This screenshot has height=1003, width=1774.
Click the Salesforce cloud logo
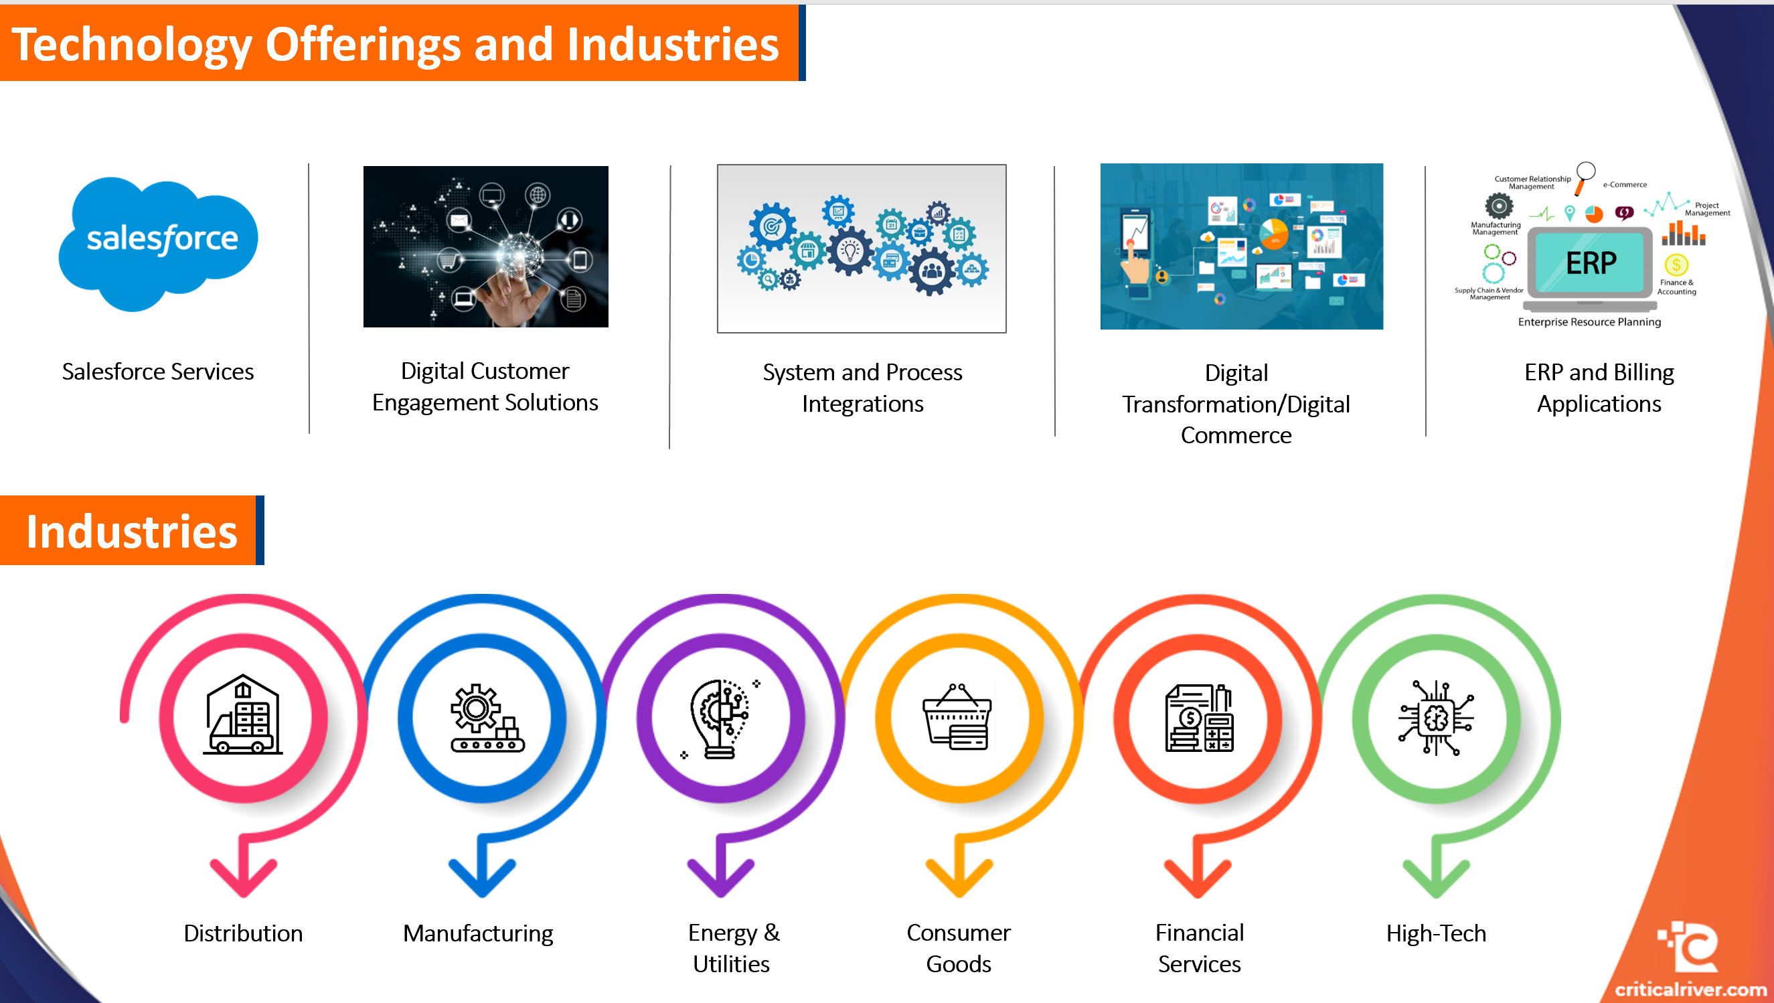(x=159, y=241)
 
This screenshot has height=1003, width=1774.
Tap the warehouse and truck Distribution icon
(x=243, y=716)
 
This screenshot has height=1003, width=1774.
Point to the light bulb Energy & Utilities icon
(x=720, y=718)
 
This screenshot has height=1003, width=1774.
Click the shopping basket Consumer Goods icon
(x=957, y=717)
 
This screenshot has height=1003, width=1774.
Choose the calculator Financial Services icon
(x=1199, y=718)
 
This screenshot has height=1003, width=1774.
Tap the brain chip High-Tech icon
(x=1436, y=718)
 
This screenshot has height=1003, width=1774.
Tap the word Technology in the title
(x=131, y=45)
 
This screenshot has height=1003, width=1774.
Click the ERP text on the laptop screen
(x=1591, y=263)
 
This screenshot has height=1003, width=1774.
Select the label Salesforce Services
(x=158, y=372)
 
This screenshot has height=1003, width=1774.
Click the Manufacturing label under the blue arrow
(x=478, y=933)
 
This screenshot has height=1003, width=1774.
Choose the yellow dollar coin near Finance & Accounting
(x=1676, y=264)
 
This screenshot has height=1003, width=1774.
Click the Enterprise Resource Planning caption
(x=1589, y=321)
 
